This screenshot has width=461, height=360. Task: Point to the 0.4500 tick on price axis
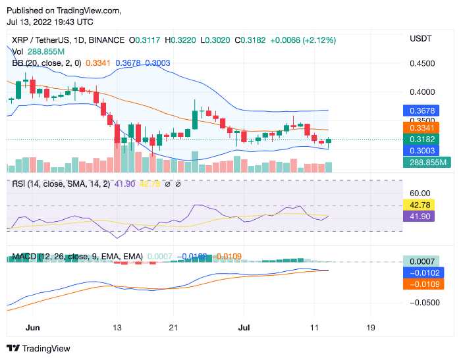pos(421,64)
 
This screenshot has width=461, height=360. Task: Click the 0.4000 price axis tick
pos(421,93)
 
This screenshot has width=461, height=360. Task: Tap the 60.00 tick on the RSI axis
pos(419,193)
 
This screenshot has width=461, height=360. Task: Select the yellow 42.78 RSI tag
pos(419,205)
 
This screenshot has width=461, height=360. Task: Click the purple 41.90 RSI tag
pos(419,216)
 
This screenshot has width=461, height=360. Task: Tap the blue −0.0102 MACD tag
pos(422,272)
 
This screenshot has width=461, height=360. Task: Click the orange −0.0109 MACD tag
pos(422,284)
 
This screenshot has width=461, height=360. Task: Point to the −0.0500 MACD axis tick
pos(422,303)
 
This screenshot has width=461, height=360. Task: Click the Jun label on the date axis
pos(32,327)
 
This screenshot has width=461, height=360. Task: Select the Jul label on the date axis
pos(244,327)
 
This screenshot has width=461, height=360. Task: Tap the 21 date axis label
pos(173,327)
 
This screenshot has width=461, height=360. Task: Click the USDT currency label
pos(420,39)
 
